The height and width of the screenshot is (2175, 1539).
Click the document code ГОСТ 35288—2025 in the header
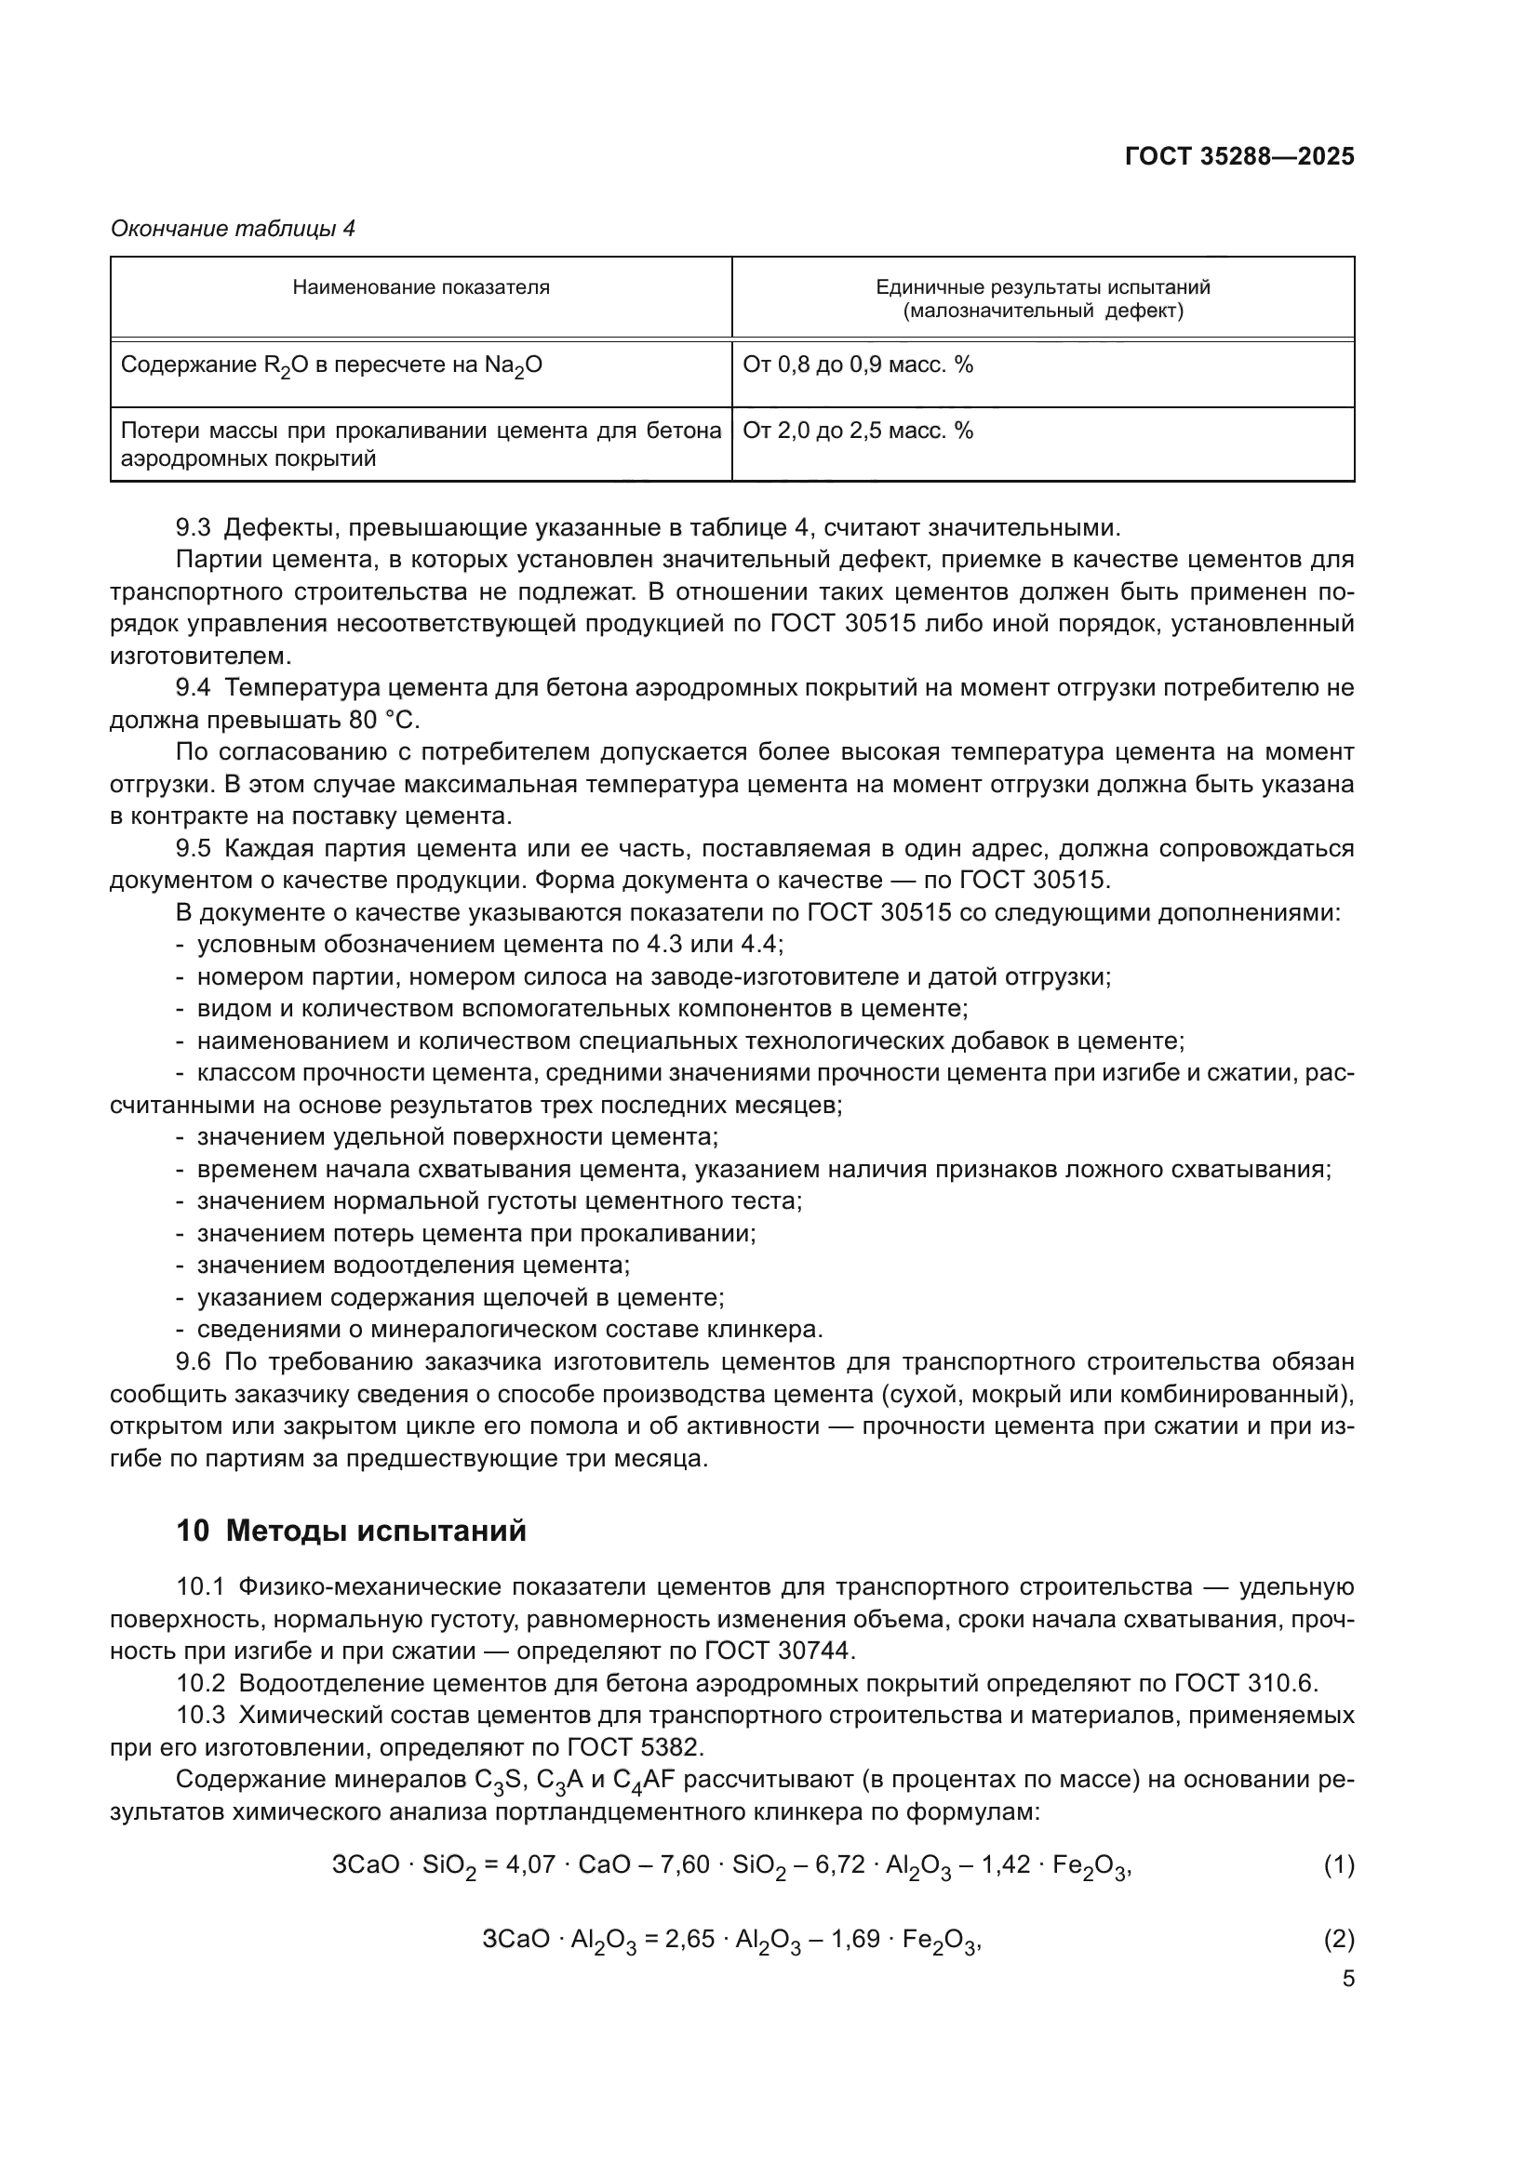[1238, 156]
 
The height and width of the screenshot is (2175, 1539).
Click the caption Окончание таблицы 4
[233, 229]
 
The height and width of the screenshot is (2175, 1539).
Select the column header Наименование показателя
[421, 287]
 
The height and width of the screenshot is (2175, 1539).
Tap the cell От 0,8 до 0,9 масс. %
[858, 365]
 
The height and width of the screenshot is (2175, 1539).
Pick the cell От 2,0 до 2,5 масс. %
[858, 431]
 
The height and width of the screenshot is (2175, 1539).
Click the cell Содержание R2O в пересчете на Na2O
[330, 365]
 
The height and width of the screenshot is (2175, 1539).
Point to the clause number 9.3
[194, 527]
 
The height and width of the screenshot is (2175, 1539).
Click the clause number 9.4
[194, 688]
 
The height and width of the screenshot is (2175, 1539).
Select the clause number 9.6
[194, 1362]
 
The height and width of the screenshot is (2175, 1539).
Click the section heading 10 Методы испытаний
[351, 1531]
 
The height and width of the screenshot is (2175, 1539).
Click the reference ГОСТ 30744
[779, 1651]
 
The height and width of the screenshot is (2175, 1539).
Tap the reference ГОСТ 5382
[632, 1748]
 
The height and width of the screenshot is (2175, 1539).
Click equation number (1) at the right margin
[1338, 1865]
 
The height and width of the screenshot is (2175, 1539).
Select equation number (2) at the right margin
[1338, 1939]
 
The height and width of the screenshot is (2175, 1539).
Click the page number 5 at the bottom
[1347, 1979]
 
